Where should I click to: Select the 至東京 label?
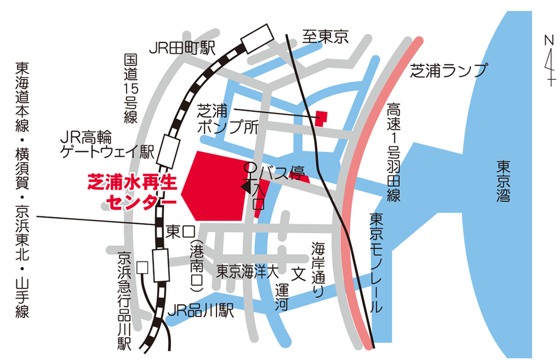point(325,37)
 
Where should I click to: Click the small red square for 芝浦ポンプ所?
point(321,118)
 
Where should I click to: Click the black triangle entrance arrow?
point(244,186)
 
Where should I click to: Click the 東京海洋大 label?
point(247,273)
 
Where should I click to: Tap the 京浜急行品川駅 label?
point(124,301)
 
